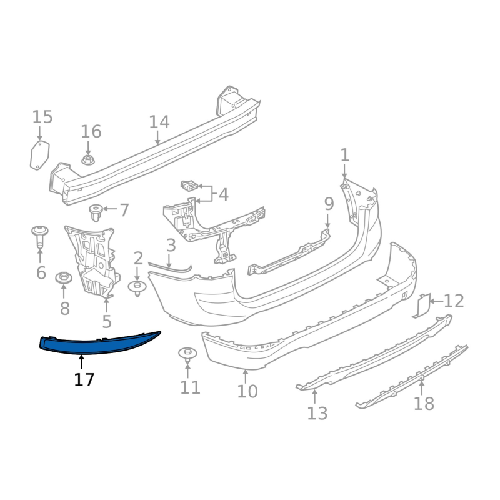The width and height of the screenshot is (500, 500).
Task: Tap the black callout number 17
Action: (x=84, y=380)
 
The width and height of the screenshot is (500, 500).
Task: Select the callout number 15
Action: (x=42, y=117)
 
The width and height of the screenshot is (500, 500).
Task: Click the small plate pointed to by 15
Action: (x=40, y=155)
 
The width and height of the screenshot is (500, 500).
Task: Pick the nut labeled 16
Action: (x=88, y=160)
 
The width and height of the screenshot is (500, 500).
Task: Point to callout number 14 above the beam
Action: (x=159, y=122)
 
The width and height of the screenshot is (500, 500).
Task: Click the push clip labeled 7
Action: (x=96, y=212)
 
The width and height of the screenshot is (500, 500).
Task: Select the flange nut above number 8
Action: (x=64, y=277)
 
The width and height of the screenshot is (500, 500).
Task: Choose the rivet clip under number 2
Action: (x=137, y=287)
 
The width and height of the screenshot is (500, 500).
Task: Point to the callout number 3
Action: (x=171, y=246)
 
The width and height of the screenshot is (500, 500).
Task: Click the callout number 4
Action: (x=223, y=194)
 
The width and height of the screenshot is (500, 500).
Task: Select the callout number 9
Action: (x=329, y=204)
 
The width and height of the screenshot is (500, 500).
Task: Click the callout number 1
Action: (x=345, y=155)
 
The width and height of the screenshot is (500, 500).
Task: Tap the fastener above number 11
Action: (x=187, y=354)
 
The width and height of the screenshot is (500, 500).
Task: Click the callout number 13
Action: (x=317, y=413)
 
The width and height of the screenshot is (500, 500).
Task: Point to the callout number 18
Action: (x=424, y=404)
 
